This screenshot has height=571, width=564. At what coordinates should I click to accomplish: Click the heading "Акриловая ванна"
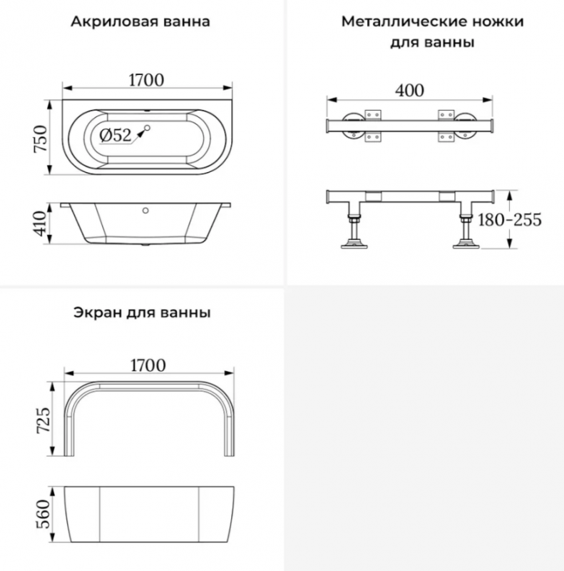coord(140,21)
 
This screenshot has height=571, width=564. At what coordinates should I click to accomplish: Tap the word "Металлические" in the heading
coord(404,21)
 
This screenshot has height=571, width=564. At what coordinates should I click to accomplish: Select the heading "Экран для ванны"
coord(142,313)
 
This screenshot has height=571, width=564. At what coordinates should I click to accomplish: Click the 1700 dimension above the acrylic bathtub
coord(147,80)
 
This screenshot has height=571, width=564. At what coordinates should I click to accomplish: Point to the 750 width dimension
coord(41,138)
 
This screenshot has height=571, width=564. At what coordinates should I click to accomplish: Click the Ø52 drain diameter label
coord(116,136)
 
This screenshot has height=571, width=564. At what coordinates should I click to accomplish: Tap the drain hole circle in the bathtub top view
coord(148,128)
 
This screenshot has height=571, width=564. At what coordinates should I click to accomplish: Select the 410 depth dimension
coord(41,223)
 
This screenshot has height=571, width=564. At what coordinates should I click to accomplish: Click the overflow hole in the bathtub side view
coord(145,211)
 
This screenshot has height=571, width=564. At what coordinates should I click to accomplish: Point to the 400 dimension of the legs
coord(410,91)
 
